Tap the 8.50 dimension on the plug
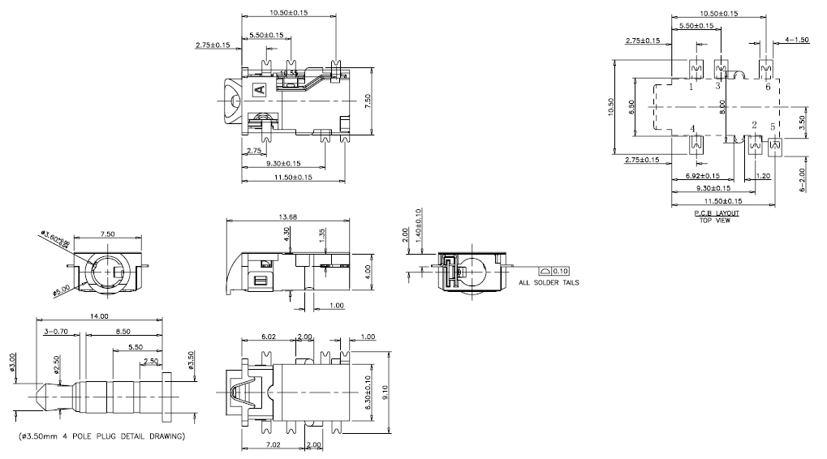pos(124,332)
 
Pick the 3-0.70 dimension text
pos(58,332)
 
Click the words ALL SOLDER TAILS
pos(549,283)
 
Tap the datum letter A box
pos(259,89)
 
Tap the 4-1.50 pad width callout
pos(797,40)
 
